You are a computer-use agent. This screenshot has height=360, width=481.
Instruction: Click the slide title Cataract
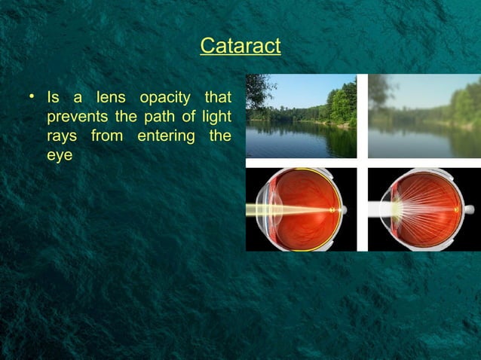pyautogui.click(x=240, y=46)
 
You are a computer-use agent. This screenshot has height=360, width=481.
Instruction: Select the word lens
pyautogui.click(x=112, y=99)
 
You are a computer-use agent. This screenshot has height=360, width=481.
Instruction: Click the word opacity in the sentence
pyautogui.click(x=164, y=99)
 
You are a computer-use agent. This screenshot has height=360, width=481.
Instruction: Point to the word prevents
pyautogui.click(x=75, y=118)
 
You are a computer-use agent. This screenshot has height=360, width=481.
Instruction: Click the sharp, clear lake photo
pyautogui.click(x=301, y=116)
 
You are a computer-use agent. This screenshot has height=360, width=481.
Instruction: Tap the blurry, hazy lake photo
pyautogui.click(x=424, y=116)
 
